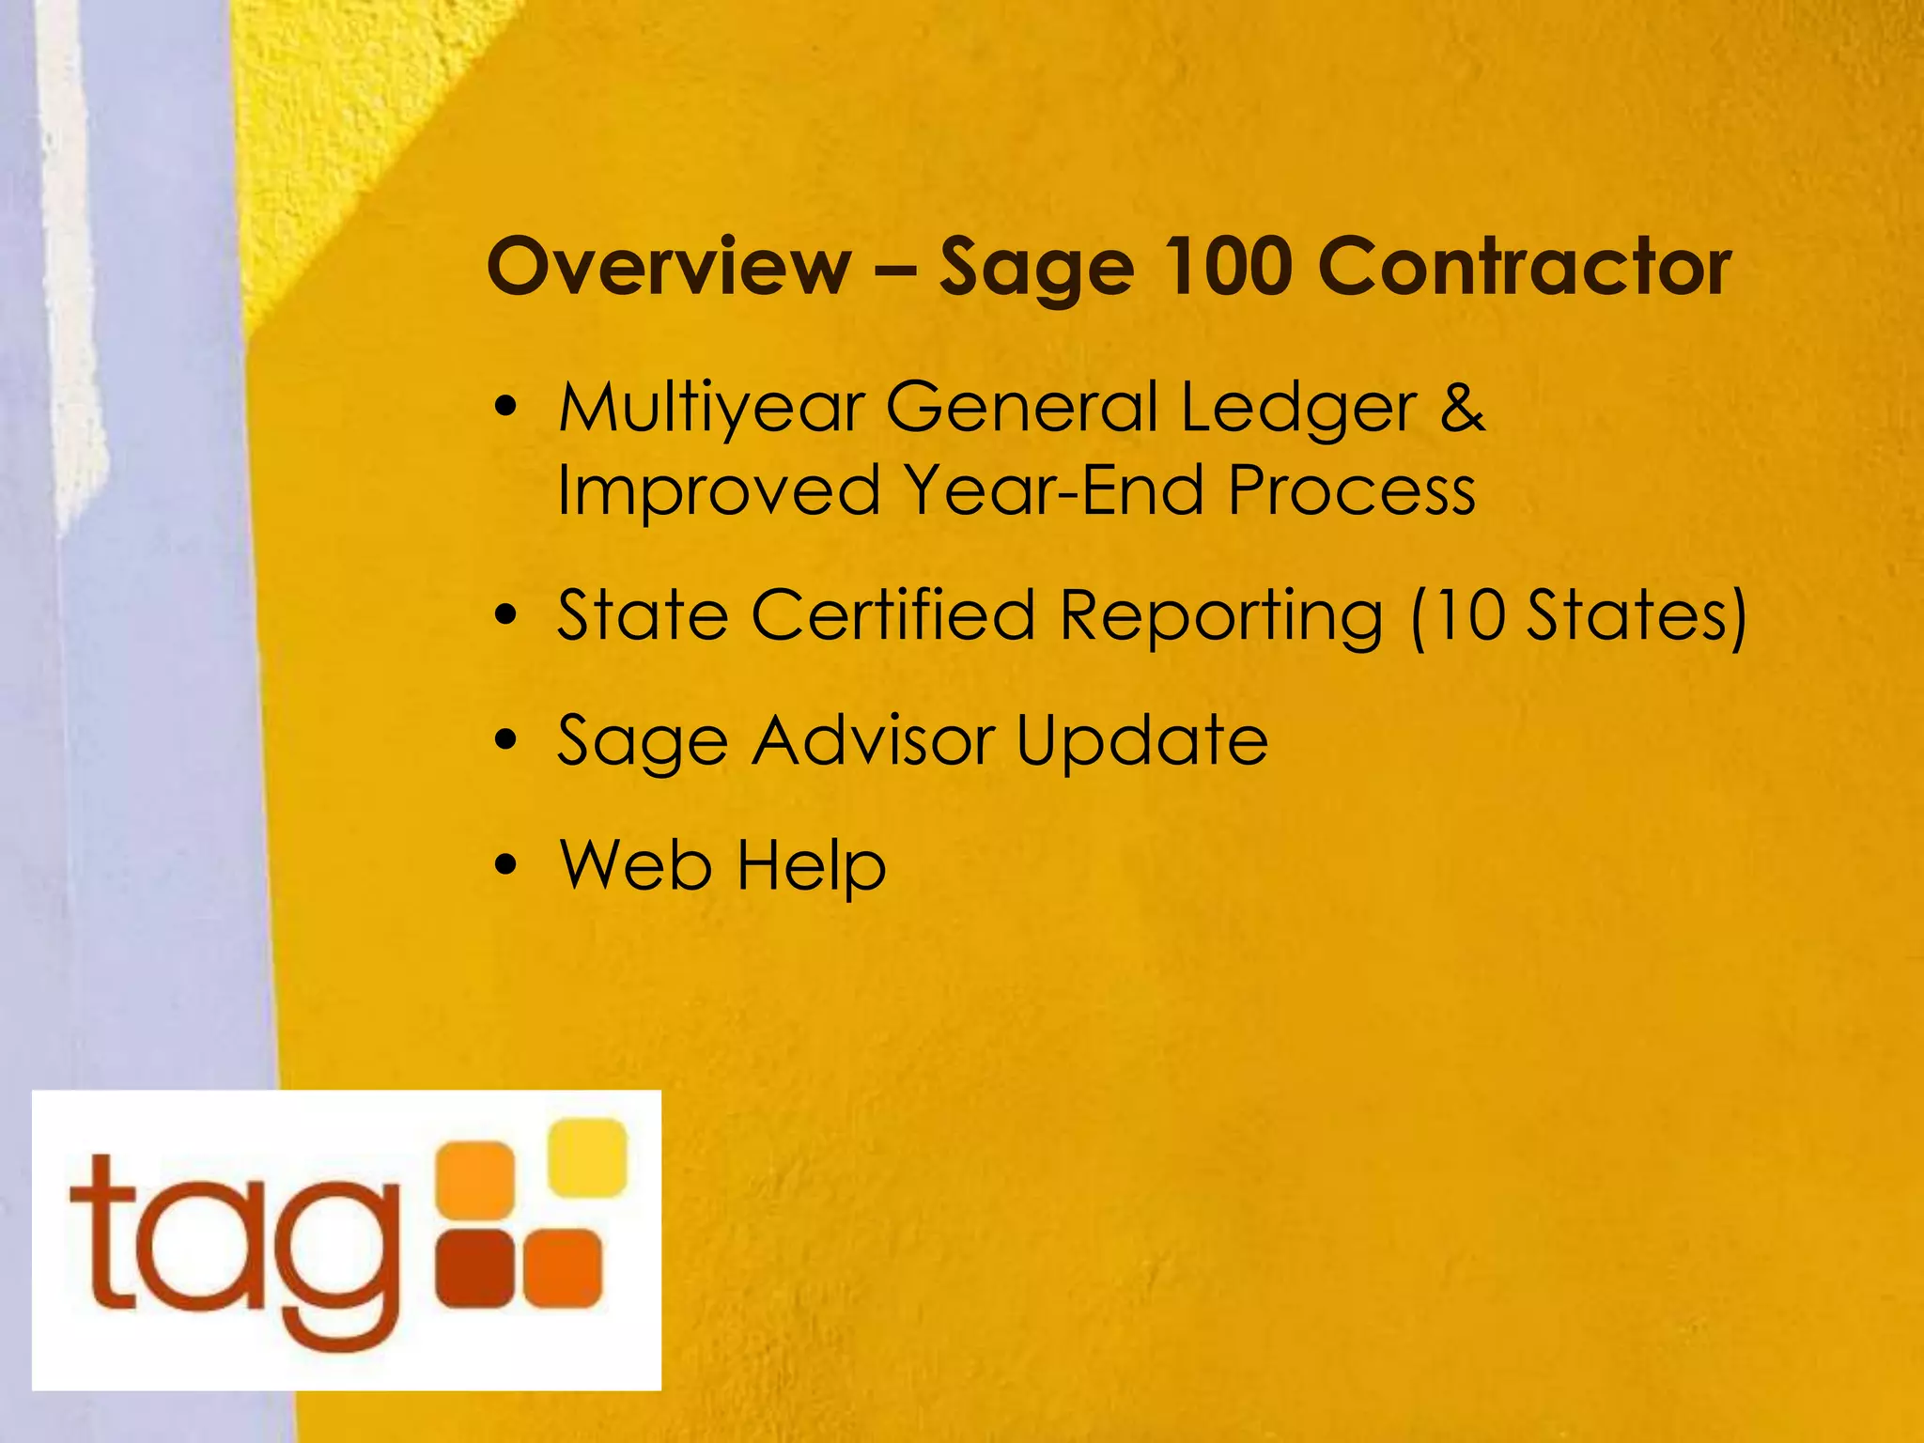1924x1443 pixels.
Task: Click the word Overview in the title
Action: click(x=669, y=267)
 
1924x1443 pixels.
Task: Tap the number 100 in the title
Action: click(x=1227, y=267)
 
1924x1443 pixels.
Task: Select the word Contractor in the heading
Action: click(x=1525, y=267)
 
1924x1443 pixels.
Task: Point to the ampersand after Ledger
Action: click(x=1462, y=409)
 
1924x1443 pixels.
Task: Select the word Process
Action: click(x=1352, y=490)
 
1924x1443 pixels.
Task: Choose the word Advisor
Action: click(x=874, y=740)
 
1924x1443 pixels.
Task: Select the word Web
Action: click(x=635, y=864)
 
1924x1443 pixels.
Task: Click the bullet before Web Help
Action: click(x=506, y=864)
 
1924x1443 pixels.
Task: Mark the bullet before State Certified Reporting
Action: click(x=506, y=615)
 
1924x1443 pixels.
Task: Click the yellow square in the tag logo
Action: click(x=587, y=1157)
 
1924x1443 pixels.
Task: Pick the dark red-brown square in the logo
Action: click(x=475, y=1268)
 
